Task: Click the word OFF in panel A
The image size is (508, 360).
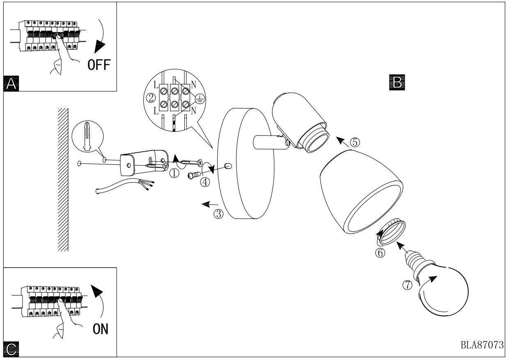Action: point(99,65)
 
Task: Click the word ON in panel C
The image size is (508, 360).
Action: point(101,328)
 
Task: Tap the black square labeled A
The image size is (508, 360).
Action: point(11,83)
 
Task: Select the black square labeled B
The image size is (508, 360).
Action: point(397,82)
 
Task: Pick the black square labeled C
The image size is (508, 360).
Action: point(11,349)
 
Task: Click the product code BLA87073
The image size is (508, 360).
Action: point(482,345)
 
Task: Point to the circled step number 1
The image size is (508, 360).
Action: point(174,173)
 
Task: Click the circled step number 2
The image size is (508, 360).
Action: point(151,98)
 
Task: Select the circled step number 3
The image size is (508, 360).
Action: point(218,214)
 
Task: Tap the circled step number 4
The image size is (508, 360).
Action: point(205,182)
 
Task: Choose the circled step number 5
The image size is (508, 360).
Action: point(355,142)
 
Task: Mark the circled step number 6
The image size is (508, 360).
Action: point(380,253)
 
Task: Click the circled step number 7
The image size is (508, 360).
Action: point(407,285)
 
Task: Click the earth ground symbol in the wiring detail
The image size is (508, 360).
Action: point(200,99)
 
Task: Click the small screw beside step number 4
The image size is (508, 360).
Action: point(194,175)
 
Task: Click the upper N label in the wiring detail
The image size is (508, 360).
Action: point(193,85)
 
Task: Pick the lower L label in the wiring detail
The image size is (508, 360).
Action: point(156,111)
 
